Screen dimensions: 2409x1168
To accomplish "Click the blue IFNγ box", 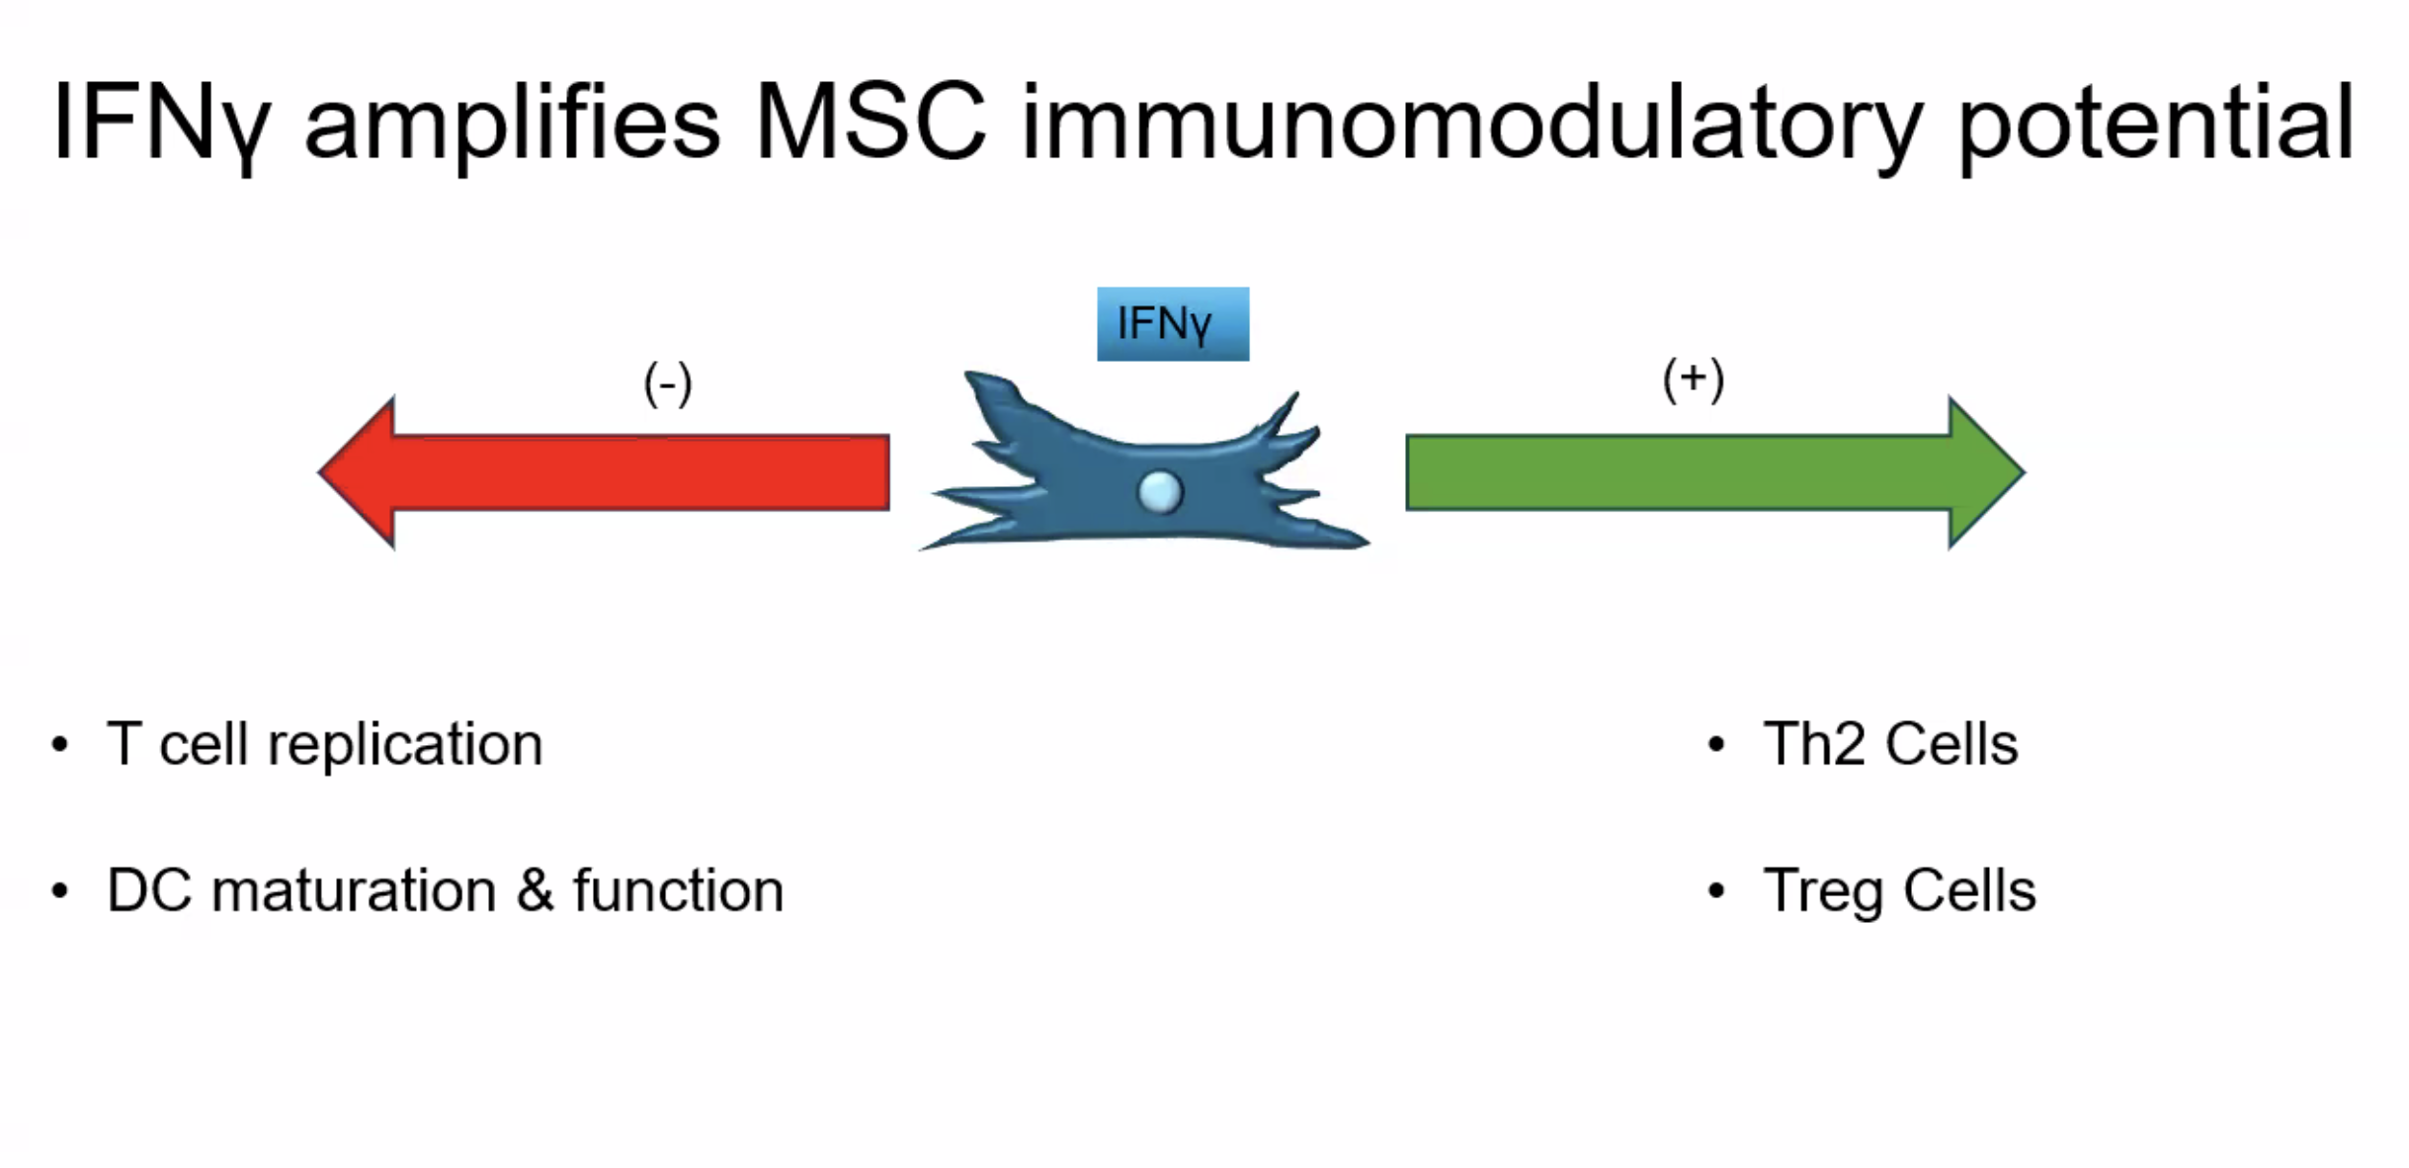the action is coord(1173,324).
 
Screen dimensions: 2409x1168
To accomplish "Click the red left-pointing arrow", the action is coord(603,472).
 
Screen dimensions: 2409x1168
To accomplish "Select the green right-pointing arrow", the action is coord(1715,472).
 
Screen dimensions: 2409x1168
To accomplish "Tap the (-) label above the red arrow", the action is coord(668,384).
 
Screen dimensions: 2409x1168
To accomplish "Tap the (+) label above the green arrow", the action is coord(1694,379).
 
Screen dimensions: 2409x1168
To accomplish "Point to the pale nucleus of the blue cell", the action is coord(1160,491).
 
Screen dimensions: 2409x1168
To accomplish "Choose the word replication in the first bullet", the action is coord(405,745).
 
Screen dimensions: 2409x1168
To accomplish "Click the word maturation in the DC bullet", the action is coord(354,890).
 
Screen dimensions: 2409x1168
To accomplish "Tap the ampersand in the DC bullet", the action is coord(535,889).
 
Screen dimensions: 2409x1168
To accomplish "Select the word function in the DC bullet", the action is coord(678,889).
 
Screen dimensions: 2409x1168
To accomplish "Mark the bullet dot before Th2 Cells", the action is coord(1716,744).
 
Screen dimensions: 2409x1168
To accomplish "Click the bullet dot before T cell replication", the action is coord(60,744).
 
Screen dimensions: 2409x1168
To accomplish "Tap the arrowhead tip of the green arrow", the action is coord(2025,472).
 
